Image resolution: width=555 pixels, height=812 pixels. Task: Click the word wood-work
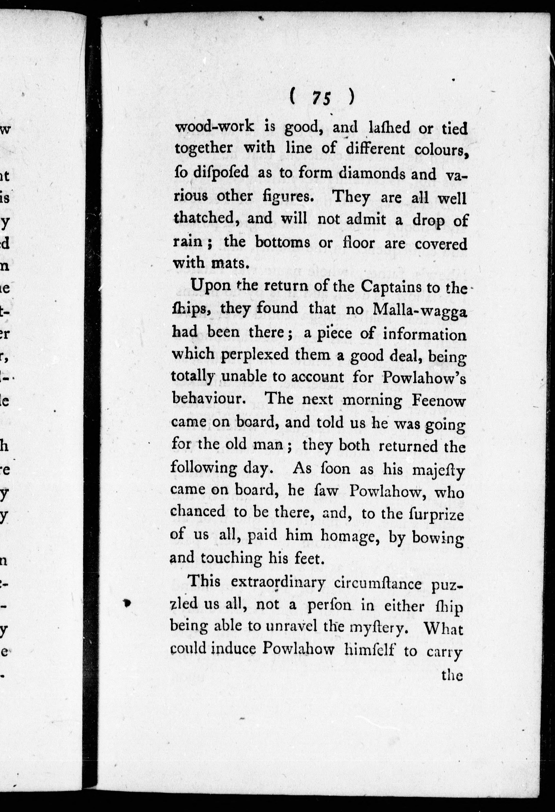(214, 127)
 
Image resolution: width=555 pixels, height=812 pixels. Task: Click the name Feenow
(438, 400)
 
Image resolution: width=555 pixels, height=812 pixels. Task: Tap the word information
(425, 334)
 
